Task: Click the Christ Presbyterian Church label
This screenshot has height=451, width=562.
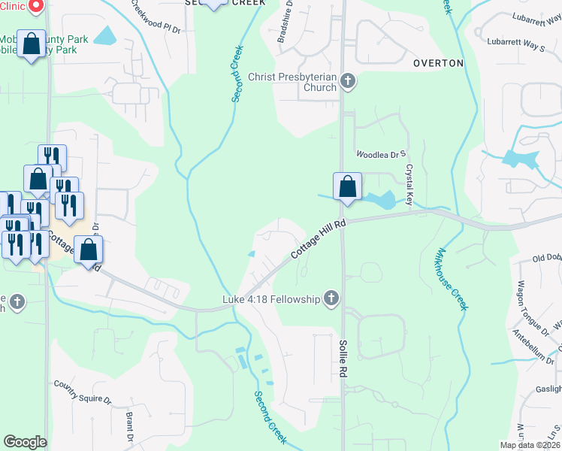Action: [294, 82]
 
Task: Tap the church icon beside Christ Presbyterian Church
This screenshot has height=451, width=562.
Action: [347, 80]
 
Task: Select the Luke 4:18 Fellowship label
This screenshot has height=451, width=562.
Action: [270, 300]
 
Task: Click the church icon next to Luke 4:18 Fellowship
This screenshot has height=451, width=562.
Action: [330, 299]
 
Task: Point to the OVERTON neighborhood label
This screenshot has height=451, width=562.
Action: [438, 63]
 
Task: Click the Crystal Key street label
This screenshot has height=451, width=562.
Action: [409, 185]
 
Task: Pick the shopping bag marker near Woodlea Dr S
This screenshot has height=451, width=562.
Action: [347, 186]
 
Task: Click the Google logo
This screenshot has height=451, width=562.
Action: [25, 442]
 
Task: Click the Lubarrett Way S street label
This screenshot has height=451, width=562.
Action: [515, 46]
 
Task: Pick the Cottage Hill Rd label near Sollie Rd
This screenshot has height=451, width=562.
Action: [319, 238]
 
